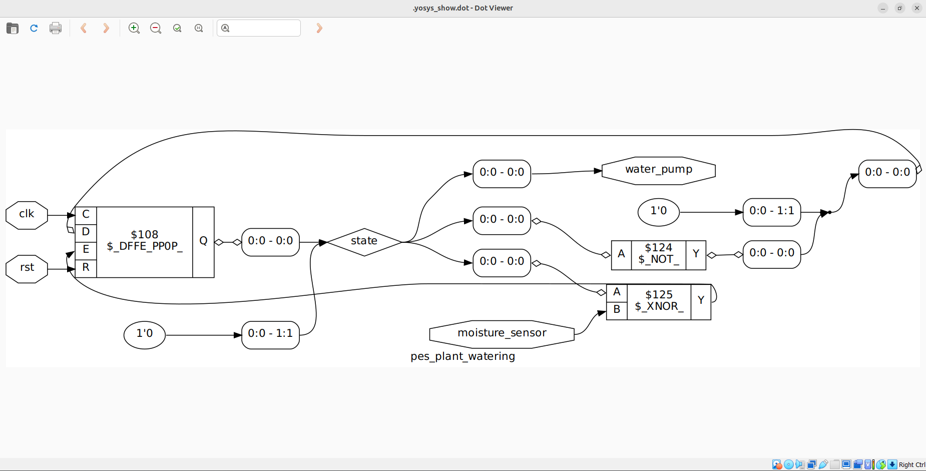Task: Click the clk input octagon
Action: (x=27, y=215)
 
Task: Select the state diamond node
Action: (x=364, y=242)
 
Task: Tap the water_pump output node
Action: (x=658, y=171)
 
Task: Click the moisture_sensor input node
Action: (x=502, y=334)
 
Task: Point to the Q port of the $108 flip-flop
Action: (x=203, y=242)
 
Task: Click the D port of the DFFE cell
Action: (x=86, y=232)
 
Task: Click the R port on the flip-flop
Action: (x=86, y=268)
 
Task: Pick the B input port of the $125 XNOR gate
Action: (x=617, y=310)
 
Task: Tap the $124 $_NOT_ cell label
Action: (x=658, y=254)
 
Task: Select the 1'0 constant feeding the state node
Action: (x=145, y=334)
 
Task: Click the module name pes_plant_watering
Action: (x=462, y=357)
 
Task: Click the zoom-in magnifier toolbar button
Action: (x=134, y=29)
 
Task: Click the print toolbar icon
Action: (x=56, y=29)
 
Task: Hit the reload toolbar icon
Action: (x=34, y=29)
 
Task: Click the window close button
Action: (x=916, y=8)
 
